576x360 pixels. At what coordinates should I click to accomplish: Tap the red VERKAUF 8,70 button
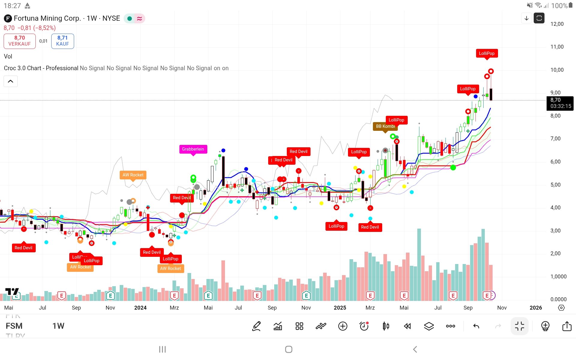click(19, 41)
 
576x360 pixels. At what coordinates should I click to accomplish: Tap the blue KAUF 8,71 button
click(62, 41)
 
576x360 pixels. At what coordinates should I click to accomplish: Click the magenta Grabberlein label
click(193, 149)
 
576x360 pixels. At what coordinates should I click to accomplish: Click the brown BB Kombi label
click(385, 126)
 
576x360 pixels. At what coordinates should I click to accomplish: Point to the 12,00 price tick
click(557, 24)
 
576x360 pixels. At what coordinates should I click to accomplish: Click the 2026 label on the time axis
click(535, 307)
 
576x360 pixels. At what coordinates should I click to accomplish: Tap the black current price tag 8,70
click(560, 103)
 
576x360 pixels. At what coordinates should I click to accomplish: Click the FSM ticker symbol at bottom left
click(14, 326)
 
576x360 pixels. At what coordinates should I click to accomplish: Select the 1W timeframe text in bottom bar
click(58, 326)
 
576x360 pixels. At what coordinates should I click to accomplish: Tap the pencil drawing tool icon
click(256, 326)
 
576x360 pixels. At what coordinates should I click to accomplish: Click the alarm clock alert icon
click(364, 326)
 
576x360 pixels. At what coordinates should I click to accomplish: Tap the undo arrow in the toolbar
click(476, 326)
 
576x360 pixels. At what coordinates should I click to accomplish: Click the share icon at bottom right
click(567, 326)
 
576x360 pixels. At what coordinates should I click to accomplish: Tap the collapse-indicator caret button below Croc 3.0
click(10, 81)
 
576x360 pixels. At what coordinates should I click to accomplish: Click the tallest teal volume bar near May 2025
click(419, 264)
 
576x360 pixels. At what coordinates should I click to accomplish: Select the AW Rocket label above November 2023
click(133, 175)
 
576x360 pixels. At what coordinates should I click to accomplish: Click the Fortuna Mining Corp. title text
click(47, 18)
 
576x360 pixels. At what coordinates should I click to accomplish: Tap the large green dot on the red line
click(453, 167)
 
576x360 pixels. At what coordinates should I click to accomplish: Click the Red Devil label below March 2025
click(370, 227)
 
